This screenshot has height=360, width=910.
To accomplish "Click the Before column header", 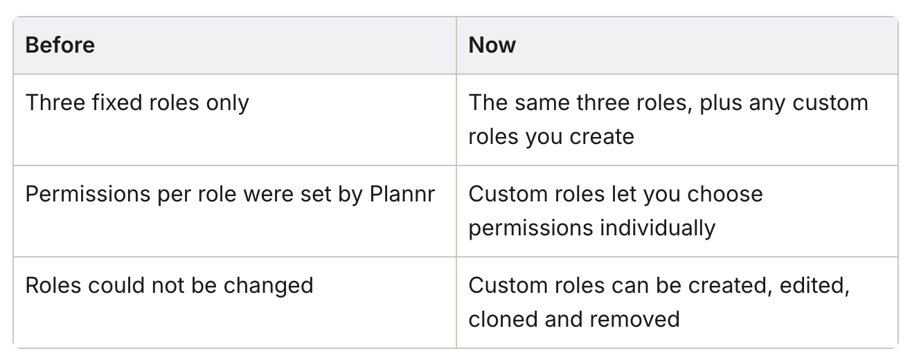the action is click(x=60, y=45).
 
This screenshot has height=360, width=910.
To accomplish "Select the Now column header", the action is click(x=492, y=45).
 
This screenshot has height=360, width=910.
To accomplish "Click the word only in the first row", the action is click(x=227, y=103).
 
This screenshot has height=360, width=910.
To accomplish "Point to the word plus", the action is click(x=721, y=103).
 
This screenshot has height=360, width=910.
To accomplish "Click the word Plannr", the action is click(x=402, y=194).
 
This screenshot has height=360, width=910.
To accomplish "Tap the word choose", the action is click(x=725, y=194).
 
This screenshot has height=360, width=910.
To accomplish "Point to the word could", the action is click(x=116, y=285).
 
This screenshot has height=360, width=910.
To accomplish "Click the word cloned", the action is click(x=503, y=319).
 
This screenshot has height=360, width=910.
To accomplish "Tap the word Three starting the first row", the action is click(x=55, y=102).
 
